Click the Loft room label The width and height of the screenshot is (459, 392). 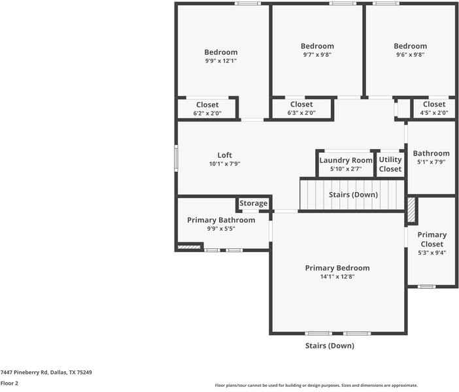tap(224, 155)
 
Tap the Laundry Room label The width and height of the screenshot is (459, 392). tap(346, 160)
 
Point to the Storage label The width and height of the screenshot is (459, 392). tap(253, 204)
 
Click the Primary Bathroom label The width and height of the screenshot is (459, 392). tap(221, 220)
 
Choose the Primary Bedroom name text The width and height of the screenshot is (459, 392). tap(337, 268)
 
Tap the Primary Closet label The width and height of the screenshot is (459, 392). tap(432, 239)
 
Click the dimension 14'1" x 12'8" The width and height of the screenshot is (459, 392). tap(337, 277)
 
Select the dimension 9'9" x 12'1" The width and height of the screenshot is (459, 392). tap(220, 61)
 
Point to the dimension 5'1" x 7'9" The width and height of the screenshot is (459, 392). tap(431, 163)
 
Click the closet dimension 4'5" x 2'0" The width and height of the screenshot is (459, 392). tap(433, 113)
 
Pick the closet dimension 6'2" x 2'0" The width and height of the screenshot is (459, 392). tap(207, 113)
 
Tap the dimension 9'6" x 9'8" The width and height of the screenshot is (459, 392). tap(410, 55)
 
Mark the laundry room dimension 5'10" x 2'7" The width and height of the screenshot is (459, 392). tap(346, 169)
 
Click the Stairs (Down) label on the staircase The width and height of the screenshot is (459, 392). tap(352, 195)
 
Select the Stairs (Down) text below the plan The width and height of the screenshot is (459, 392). tap(330, 346)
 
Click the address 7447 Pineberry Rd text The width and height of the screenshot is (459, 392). tap(46, 372)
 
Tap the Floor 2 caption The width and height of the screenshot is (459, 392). tap(9, 384)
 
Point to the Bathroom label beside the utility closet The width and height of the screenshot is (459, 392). tap(431, 154)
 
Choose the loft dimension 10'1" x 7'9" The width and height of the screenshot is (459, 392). tap(224, 164)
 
